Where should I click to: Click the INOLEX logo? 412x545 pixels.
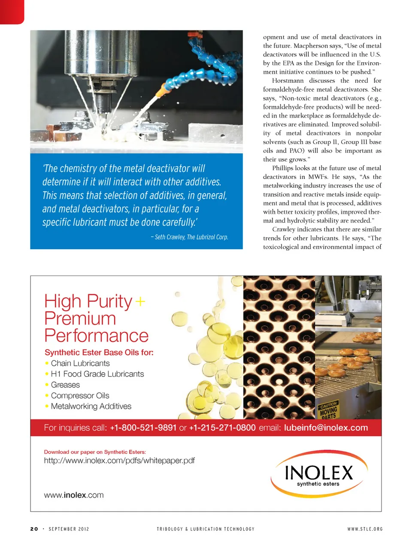coord(319,474)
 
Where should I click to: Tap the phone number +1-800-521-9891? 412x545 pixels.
coord(143,428)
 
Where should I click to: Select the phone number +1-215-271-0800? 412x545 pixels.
coord(222,428)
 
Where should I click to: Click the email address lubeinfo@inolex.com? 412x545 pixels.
coord(326,428)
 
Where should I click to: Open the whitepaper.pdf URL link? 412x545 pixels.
coord(119,461)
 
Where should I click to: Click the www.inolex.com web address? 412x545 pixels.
coord(74,495)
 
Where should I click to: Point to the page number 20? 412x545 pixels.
coord(34,529)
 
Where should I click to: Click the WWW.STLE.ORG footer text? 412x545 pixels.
coord(365,529)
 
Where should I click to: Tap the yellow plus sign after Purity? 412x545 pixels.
coord(140,302)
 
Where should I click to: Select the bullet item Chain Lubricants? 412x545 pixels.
coord(80,364)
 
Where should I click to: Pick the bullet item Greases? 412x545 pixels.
coord(65,385)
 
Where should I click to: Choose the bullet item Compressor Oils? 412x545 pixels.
coord(80,396)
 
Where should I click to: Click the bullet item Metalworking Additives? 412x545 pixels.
coord(91,406)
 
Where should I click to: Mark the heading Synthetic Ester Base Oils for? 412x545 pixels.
coord(99,352)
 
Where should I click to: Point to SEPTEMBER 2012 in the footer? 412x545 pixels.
coord(69,529)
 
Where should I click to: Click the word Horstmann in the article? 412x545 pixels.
coord(288,81)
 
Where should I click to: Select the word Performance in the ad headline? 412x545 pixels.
coord(97,336)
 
